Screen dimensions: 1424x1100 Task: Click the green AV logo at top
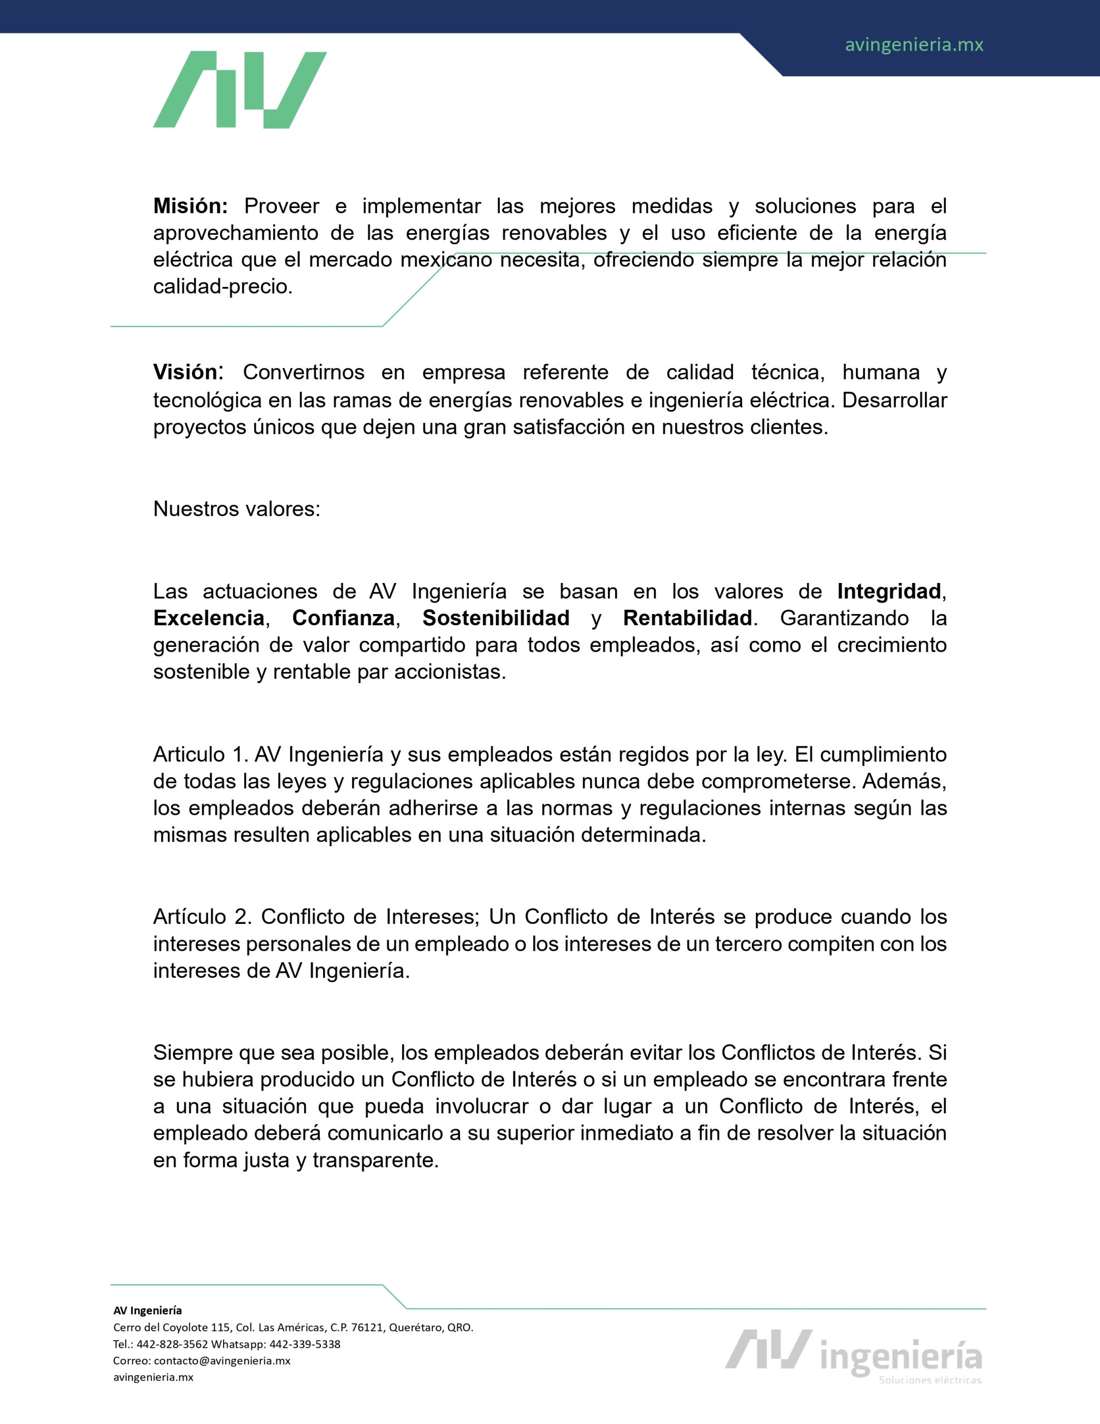point(239,90)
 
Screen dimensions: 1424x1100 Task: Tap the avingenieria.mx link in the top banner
point(914,45)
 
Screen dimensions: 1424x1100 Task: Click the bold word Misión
point(190,206)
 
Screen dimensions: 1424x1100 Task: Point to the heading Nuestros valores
point(236,508)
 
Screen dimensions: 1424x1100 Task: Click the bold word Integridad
point(889,591)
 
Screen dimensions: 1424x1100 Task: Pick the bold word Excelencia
point(209,618)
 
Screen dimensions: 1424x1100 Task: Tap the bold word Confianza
point(343,618)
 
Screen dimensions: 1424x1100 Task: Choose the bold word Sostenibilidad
point(496,618)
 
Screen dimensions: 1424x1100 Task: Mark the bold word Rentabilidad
point(687,618)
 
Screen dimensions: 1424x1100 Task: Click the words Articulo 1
point(197,754)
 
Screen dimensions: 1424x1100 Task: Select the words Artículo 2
point(201,917)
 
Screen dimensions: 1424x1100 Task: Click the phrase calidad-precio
point(222,287)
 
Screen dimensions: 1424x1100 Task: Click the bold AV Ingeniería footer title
point(147,1311)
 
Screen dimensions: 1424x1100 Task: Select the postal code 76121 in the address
point(366,1328)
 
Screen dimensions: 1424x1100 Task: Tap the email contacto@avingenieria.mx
point(222,1361)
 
